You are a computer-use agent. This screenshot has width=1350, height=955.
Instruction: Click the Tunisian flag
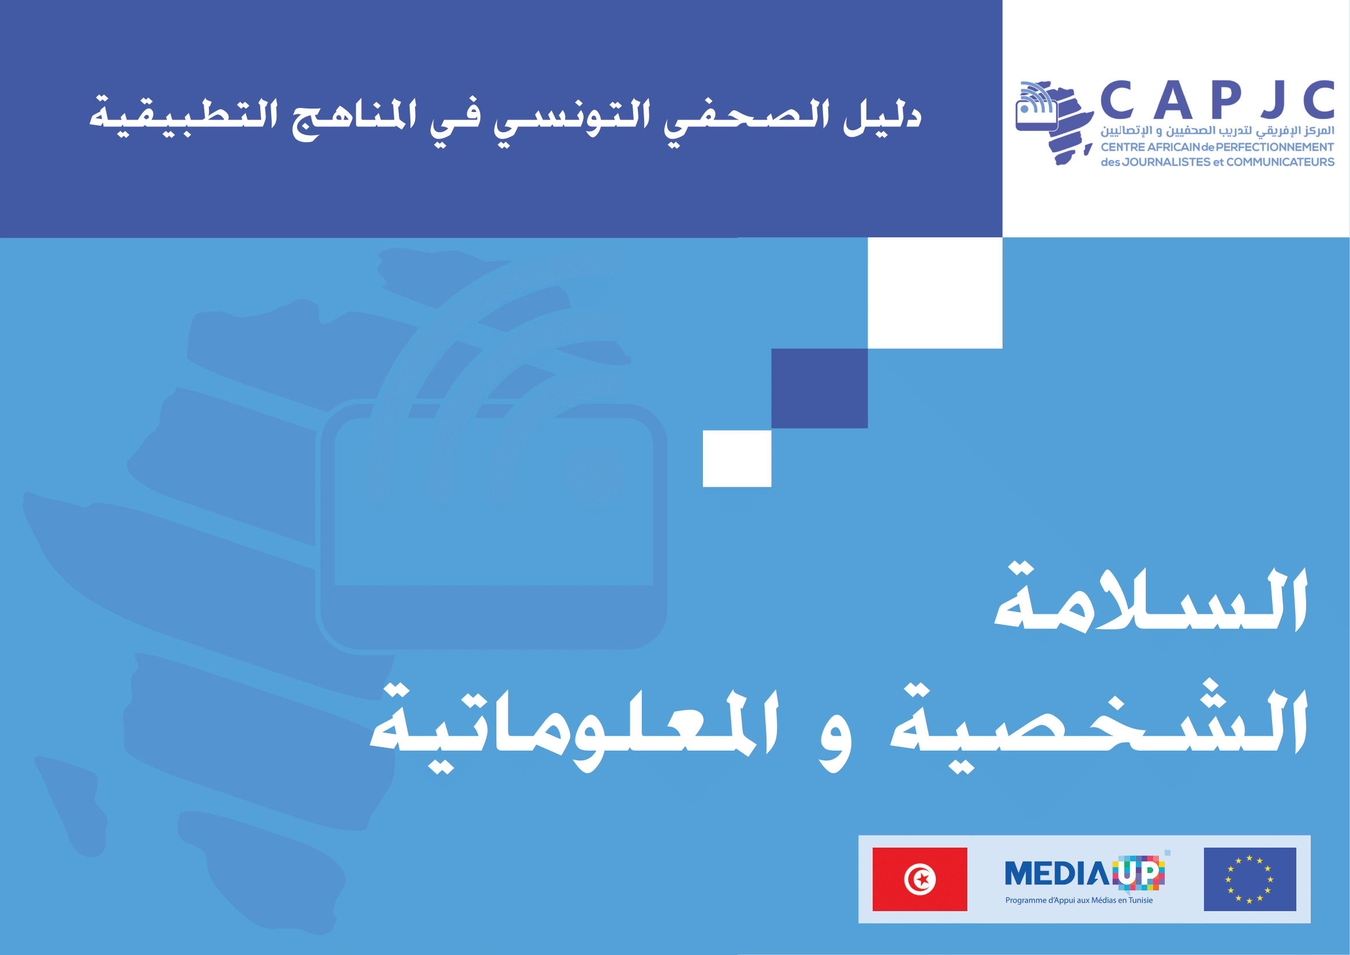coord(919,879)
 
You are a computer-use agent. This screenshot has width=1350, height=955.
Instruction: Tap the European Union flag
coord(1250,879)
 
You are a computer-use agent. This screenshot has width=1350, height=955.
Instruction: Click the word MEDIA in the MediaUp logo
coord(1057,873)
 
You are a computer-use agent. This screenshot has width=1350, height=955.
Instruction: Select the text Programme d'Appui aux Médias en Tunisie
coord(1079,900)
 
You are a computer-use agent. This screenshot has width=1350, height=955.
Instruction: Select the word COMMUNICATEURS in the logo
coord(1281,162)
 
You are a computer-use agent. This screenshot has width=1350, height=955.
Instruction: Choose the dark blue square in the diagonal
coord(820,388)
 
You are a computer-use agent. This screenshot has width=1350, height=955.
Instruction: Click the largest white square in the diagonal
coord(935,293)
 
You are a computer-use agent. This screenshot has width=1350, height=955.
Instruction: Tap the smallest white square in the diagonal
coord(736,458)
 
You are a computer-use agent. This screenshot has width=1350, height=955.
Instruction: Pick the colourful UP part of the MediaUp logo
coord(1138,873)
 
